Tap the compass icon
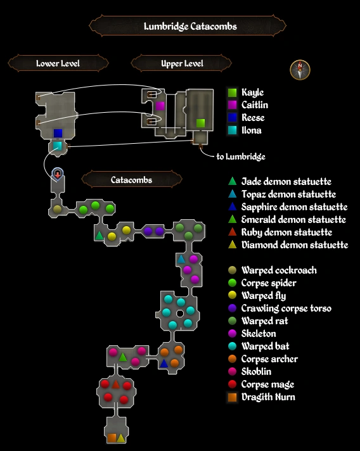pos(300,70)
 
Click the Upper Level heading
pos(182,63)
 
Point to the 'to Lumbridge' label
pos(240,156)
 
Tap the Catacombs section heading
pos(131,180)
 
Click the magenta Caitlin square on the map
pos(160,106)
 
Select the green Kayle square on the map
pos(200,122)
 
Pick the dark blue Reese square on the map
pos(58,133)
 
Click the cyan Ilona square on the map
pos(58,146)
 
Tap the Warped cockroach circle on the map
pos(57,208)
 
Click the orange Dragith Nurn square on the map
pos(112,438)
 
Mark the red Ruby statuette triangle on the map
pos(116,384)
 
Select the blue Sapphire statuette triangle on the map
pos(164,364)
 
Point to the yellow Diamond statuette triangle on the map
pos(121,438)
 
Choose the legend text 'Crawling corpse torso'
pos(286,308)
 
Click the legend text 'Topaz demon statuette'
pos(288,194)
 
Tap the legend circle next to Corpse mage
pos(233,384)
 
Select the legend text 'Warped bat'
pos(265,346)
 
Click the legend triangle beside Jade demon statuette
pos(233,182)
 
